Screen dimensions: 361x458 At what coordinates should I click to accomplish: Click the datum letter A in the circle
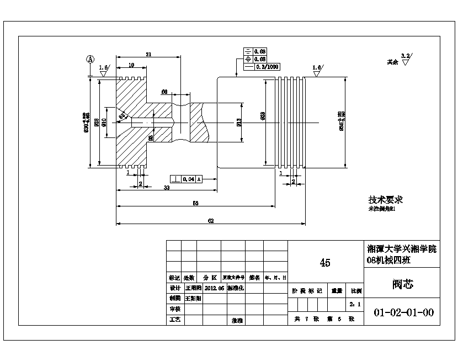[x=90, y=59]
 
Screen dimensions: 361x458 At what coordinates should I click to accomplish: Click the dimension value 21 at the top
[x=148, y=54]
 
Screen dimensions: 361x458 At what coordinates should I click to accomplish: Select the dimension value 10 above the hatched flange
[x=131, y=65]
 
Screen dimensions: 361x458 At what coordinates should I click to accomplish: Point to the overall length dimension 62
[x=210, y=221]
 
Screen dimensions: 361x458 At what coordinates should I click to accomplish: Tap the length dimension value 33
[x=167, y=188]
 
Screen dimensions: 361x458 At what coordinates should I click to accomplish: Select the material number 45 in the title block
[x=325, y=263]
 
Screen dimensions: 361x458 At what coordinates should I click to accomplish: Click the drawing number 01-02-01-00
[x=403, y=312]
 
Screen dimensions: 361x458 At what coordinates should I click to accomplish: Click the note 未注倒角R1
[x=382, y=210]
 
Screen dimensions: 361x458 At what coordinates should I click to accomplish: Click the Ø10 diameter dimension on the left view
[x=104, y=122]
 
